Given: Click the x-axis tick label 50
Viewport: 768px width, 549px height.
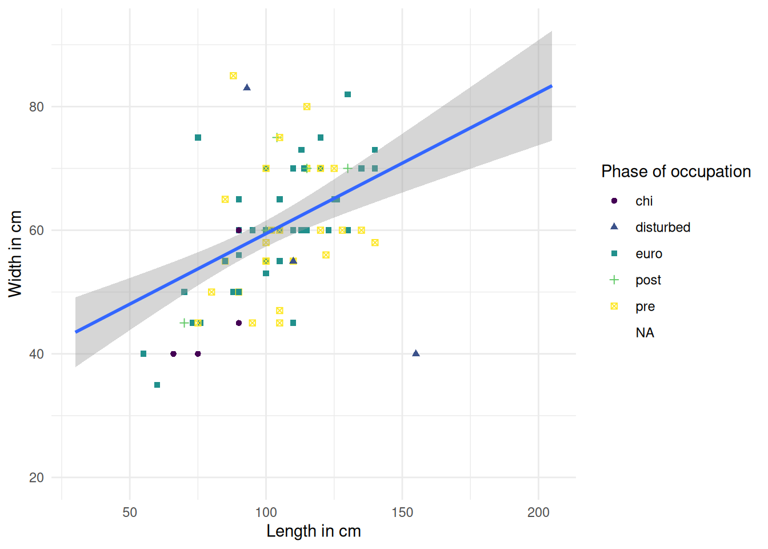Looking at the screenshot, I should [x=130, y=512].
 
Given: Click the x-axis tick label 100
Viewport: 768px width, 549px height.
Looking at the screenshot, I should [x=266, y=512].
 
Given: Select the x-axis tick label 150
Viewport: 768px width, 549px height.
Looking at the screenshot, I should [x=402, y=512].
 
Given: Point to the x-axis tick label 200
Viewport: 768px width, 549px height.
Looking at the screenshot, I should [x=538, y=512].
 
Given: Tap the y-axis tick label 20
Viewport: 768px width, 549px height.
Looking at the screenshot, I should [x=37, y=478].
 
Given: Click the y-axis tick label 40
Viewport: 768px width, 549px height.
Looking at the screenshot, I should [x=37, y=354].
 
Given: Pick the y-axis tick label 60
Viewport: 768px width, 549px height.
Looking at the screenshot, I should [x=37, y=230].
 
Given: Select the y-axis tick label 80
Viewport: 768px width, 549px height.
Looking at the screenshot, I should [x=37, y=107].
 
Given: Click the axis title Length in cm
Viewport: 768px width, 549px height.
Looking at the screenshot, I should [x=314, y=531].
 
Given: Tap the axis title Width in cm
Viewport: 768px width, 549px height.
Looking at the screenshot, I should [x=15, y=254].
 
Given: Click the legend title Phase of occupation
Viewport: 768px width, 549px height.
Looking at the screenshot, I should [x=676, y=172].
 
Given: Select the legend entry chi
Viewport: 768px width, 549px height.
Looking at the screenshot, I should [x=644, y=201].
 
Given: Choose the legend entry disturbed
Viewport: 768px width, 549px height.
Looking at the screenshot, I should [x=663, y=228].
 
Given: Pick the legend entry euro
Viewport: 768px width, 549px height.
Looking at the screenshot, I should [x=649, y=254].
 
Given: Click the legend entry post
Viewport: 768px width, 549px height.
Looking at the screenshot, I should [x=648, y=280].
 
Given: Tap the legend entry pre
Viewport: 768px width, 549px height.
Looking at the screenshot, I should [x=645, y=307].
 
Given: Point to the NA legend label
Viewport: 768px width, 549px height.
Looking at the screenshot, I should [x=645, y=333].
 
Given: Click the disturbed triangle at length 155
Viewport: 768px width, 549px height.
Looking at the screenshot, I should [x=416, y=353].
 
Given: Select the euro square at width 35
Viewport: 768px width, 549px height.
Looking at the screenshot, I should [x=157, y=385].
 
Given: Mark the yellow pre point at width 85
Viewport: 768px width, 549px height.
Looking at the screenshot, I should [x=233, y=75].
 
